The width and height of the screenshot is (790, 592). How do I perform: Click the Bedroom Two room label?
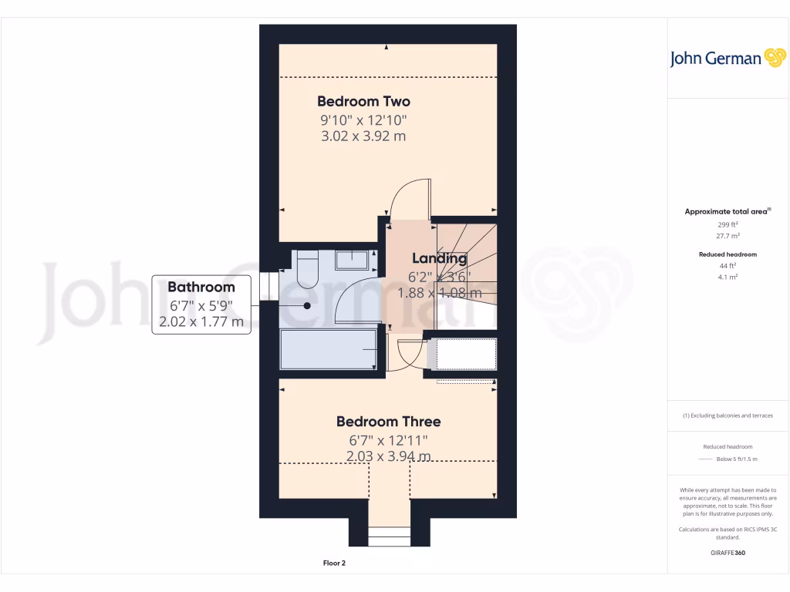point(363,101)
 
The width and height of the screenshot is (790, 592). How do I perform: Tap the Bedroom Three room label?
point(388,422)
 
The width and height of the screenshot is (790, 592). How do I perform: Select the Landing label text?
point(439,258)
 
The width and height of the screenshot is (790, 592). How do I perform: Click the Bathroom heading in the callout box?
point(201,287)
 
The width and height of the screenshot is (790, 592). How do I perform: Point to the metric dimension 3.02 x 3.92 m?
point(363,136)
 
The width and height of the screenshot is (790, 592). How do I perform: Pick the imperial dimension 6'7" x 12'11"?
point(388,440)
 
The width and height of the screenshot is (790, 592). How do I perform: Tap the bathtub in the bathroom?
point(328,348)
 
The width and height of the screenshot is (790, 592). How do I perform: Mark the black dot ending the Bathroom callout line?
point(307,305)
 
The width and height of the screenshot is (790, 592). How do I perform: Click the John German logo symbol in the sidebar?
point(774,58)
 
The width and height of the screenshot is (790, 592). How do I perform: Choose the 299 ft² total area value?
point(728,224)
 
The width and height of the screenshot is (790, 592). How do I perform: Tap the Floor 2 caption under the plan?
point(334,563)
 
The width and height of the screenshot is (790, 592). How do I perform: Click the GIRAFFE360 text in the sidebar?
point(728,553)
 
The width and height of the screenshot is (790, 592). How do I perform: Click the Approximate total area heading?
point(727,211)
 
